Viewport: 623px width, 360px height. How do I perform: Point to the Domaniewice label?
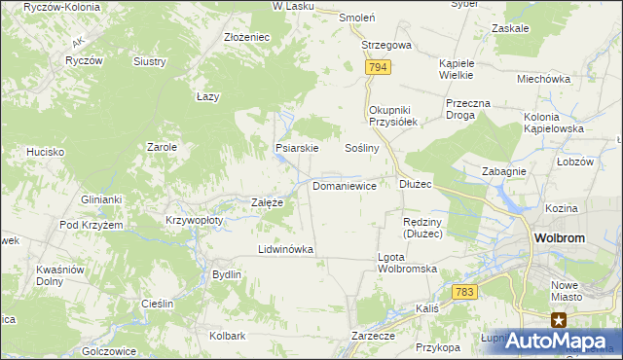(345, 185)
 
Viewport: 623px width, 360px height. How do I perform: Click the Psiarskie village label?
(298, 149)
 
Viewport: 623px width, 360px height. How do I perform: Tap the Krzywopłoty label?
(195, 220)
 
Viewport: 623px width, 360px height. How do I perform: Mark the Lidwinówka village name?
(285, 249)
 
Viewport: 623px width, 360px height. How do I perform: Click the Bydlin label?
(227, 274)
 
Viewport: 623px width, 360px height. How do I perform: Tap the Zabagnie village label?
(504, 171)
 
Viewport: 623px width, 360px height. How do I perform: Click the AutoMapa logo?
(564, 342)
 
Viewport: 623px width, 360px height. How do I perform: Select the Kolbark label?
(227, 336)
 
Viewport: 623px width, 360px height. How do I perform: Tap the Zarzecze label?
(373, 336)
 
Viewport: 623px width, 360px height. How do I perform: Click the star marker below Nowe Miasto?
(559, 319)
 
